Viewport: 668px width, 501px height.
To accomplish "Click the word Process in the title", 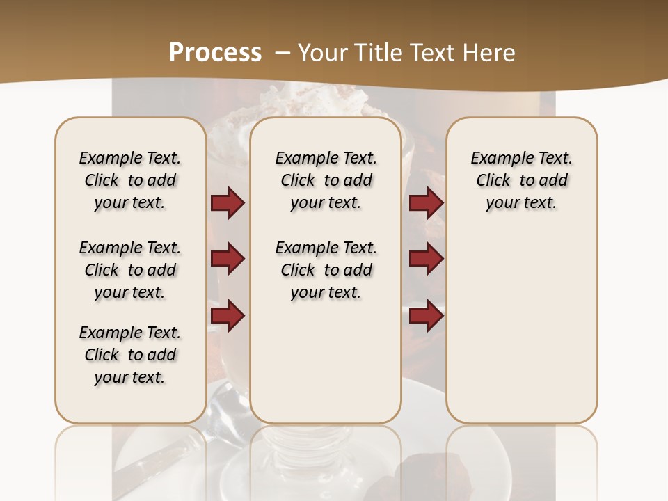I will (x=215, y=53).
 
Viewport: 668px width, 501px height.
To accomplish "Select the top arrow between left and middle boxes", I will (x=228, y=203).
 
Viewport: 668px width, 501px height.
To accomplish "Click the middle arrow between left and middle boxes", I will (x=228, y=259).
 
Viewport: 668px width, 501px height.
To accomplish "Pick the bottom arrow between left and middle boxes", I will (x=228, y=316).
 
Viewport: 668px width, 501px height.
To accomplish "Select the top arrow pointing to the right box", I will (x=426, y=203).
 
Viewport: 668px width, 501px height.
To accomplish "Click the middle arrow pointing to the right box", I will (x=426, y=259).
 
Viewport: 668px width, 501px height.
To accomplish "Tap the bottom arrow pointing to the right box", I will (x=426, y=316).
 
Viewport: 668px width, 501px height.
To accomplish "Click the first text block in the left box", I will (x=130, y=180).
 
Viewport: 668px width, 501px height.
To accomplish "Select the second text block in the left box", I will (x=130, y=270).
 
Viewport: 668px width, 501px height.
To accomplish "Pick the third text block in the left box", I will (x=130, y=355).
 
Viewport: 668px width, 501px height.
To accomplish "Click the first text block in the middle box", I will (x=326, y=180).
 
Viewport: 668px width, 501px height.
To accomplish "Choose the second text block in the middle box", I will (x=326, y=270).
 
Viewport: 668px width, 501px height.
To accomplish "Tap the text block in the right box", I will (x=521, y=180).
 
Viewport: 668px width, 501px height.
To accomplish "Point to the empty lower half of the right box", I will (x=521, y=334).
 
